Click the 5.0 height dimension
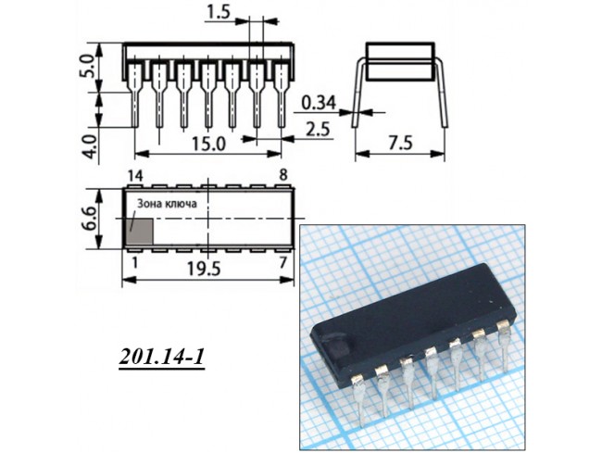[87, 66]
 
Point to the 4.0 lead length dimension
[92, 145]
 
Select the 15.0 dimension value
[208, 144]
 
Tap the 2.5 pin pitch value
[318, 129]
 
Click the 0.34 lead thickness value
[319, 103]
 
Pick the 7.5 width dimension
[400, 144]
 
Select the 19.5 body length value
[204, 269]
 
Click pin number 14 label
[135, 176]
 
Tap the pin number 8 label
[283, 175]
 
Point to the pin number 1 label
[134, 262]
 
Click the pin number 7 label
[283, 262]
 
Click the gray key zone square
[140, 232]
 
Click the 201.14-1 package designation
[161, 358]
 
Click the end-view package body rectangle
[400, 62]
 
